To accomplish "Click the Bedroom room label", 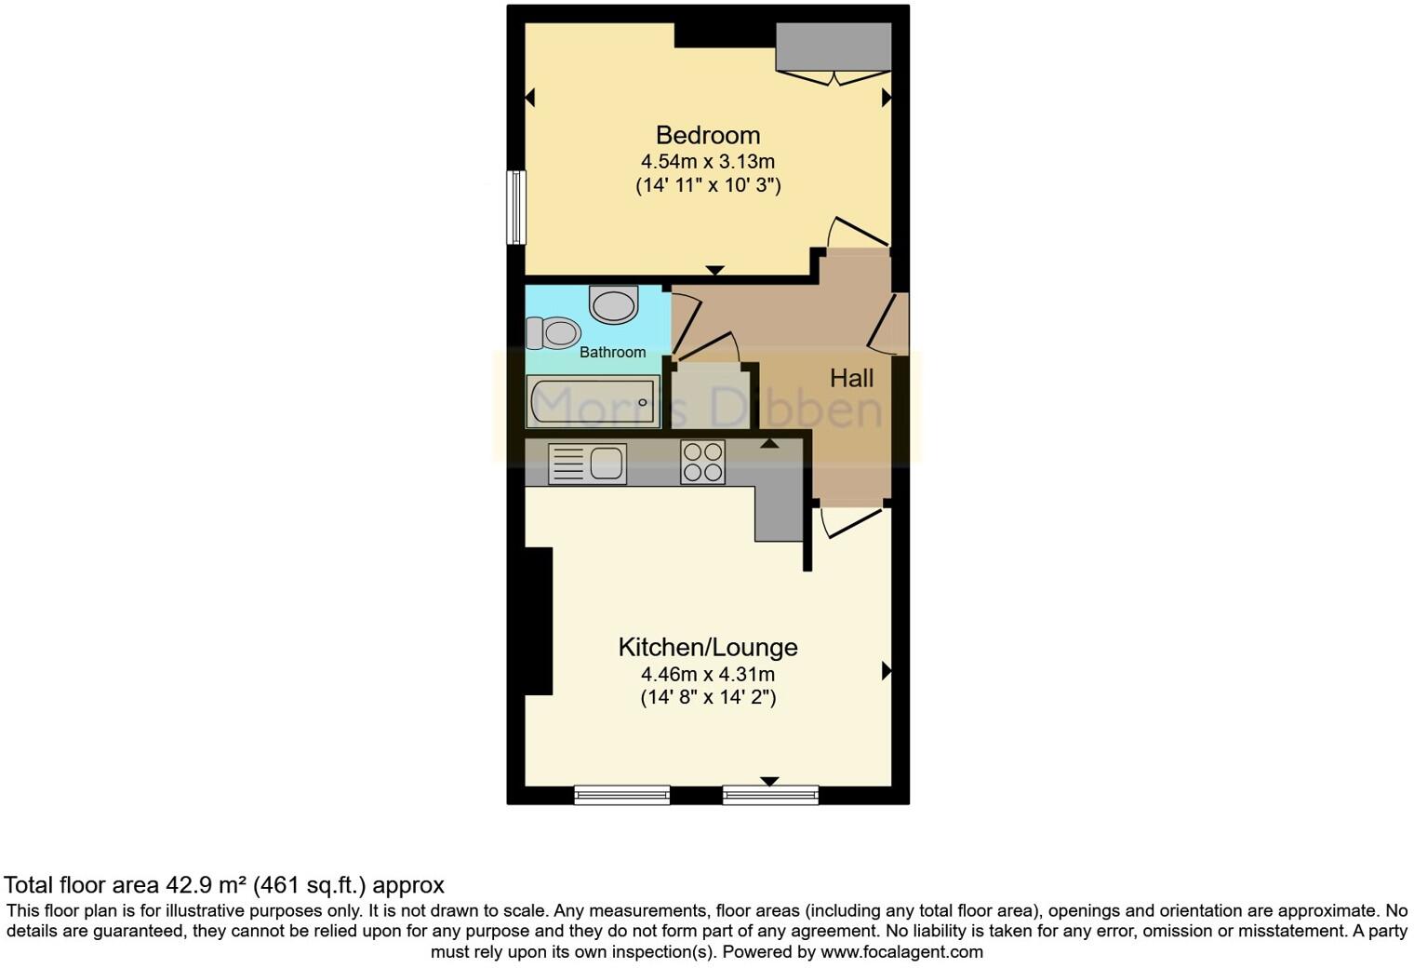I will tap(707, 135).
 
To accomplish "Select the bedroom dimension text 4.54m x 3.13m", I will tap(707, 161).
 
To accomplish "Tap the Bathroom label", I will tap(612, 352).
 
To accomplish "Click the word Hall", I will tap(851, 378).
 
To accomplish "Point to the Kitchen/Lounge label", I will tap(707, 647).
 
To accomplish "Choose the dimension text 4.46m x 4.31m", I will tap(707, 674).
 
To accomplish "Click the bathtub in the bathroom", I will tap(594, 402).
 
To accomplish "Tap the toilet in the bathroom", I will tap(553, 332).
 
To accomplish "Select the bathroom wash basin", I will tap(614, 304).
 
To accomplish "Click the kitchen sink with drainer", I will tap(587, 464).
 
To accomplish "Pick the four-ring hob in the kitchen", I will tap(702, 462).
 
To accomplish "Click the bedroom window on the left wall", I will tap(515, 207).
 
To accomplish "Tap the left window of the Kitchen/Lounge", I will tap(621, 794).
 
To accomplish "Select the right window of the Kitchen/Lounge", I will tap(770, 794).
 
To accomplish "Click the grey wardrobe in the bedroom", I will tap(834, 47).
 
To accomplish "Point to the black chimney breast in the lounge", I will tap(538, 621).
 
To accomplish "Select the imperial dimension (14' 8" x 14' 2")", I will tap(707, 697).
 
